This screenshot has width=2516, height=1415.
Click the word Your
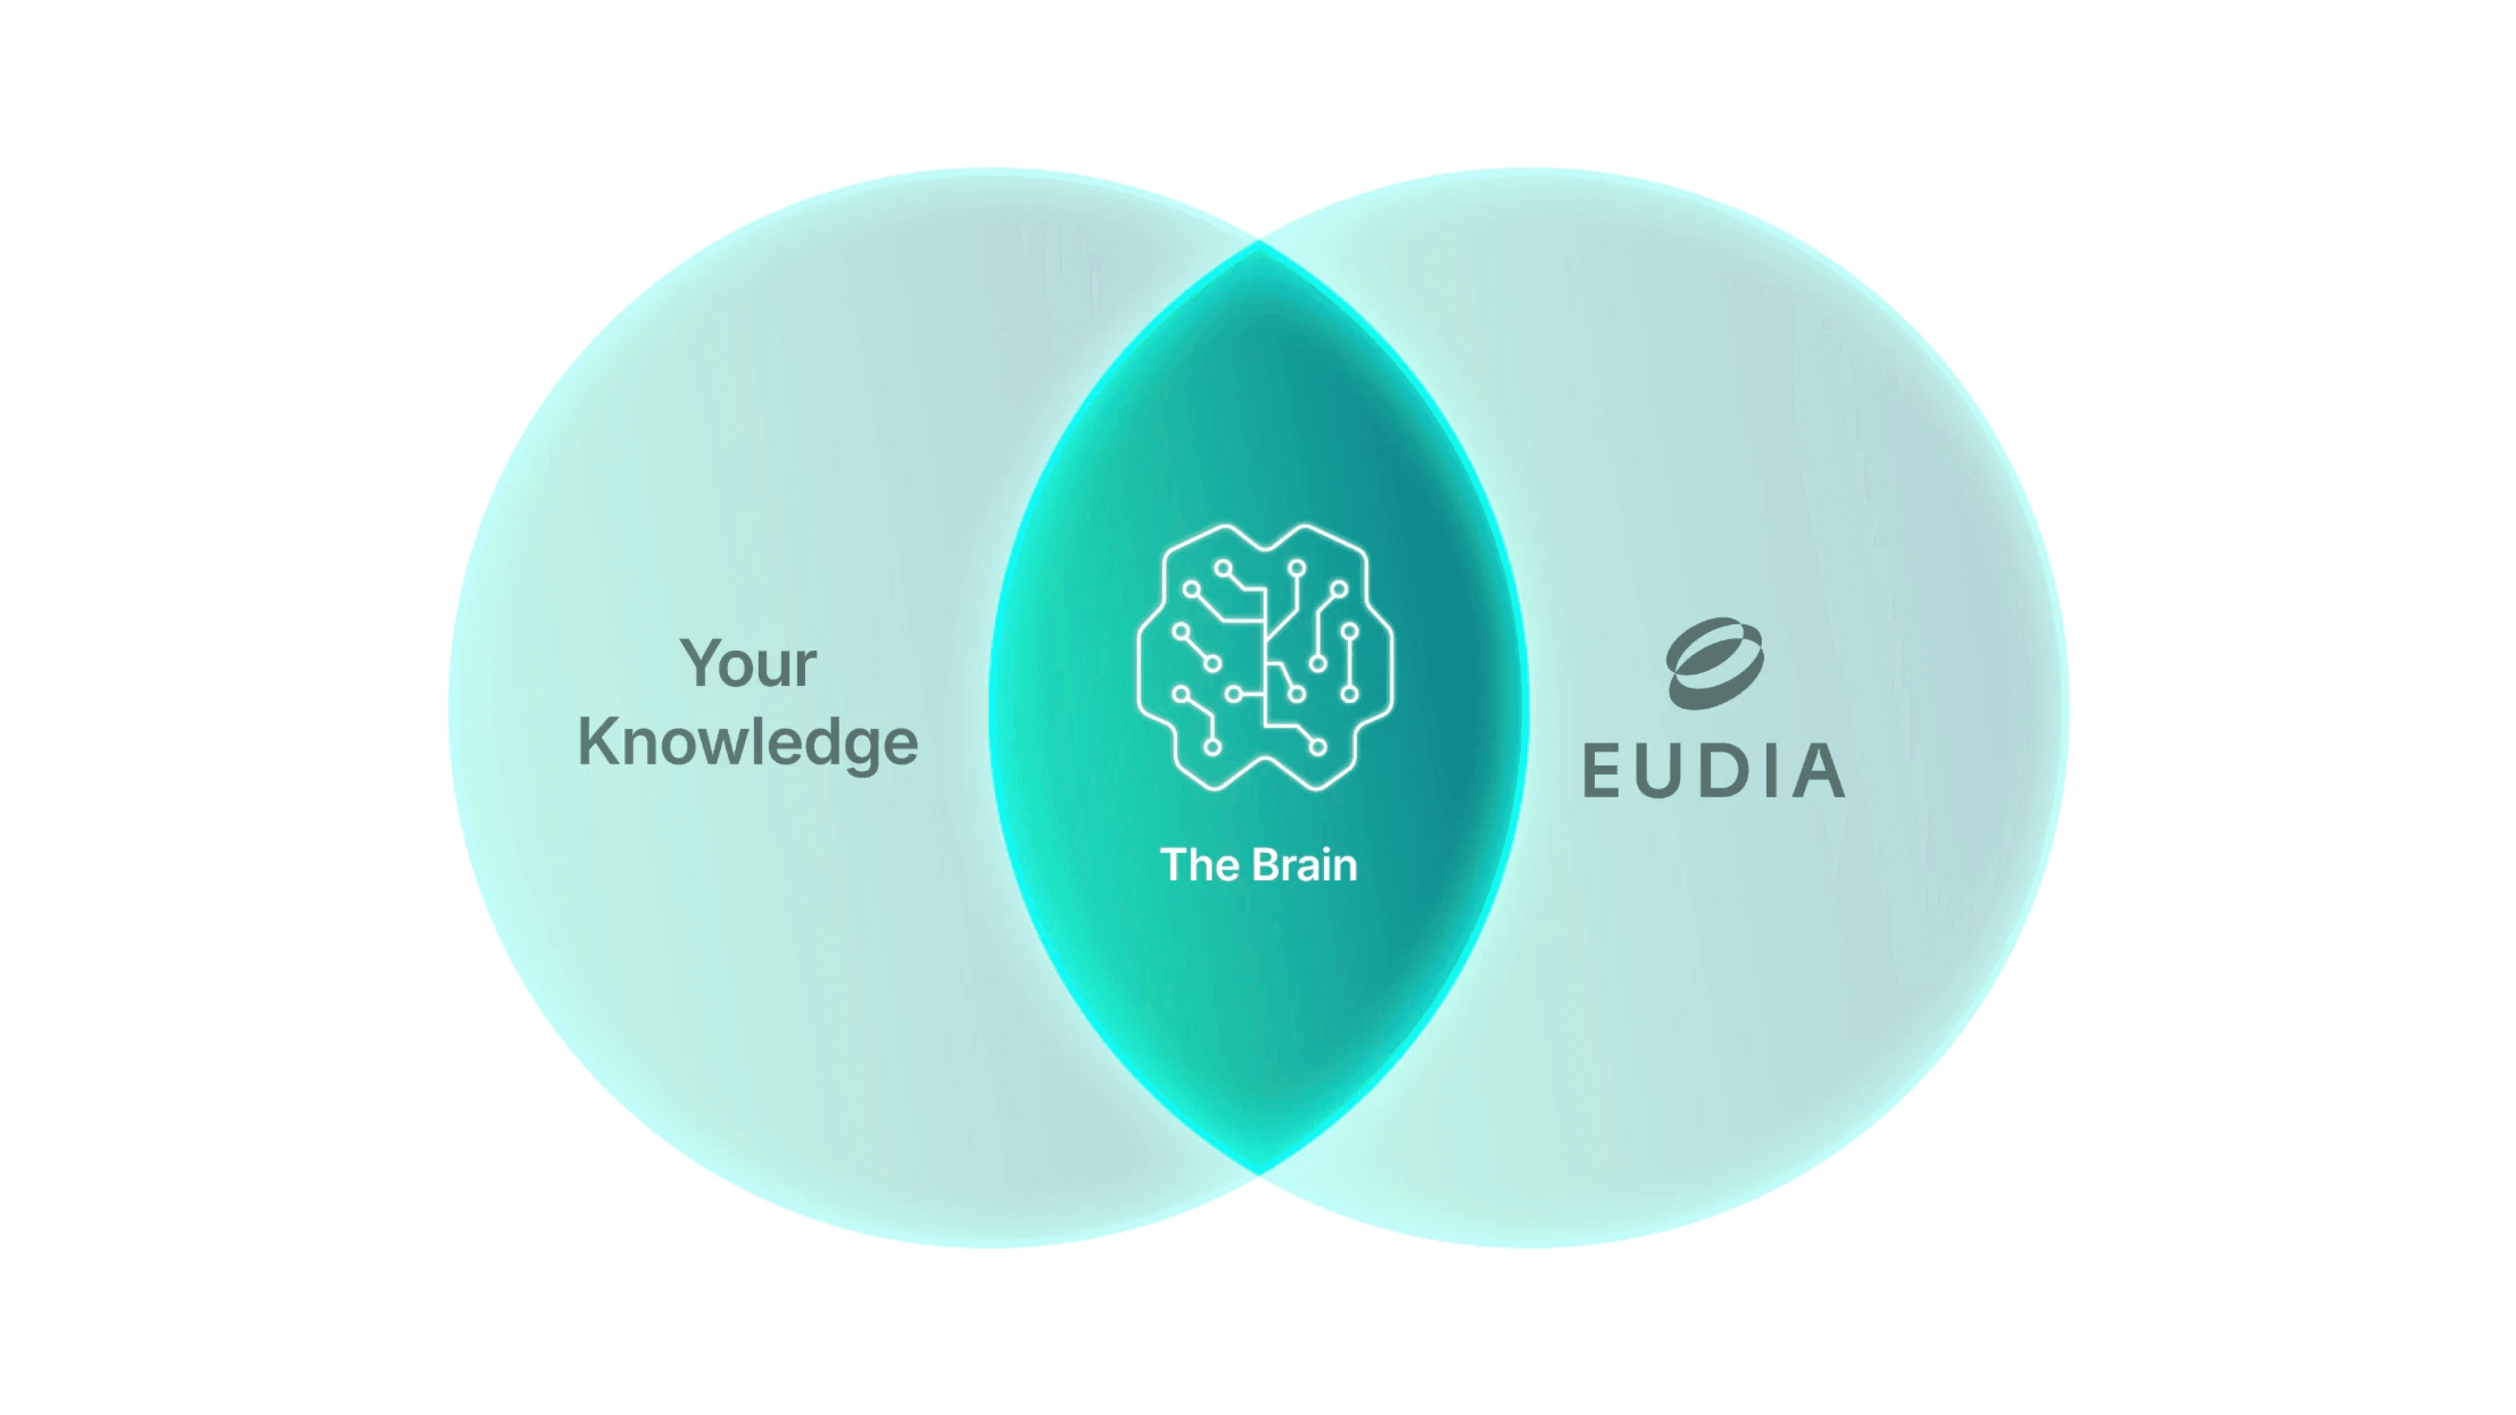coord(748,664)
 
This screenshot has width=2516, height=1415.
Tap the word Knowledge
coord(748,743)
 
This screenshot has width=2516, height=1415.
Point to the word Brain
coord(1305,865)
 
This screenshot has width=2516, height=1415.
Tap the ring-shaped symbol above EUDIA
coord(1715,663)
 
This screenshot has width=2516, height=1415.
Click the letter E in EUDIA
coord(1602,770)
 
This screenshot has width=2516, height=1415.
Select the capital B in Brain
coord(1268,865)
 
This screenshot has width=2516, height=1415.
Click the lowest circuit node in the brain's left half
coord(1212,747)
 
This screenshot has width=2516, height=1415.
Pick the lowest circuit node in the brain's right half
coord(1318,747)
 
